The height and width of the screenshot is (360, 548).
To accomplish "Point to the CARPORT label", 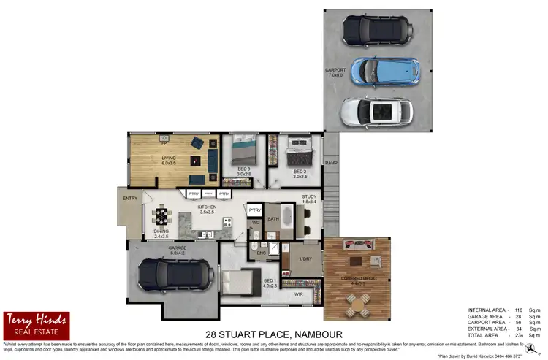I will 335,72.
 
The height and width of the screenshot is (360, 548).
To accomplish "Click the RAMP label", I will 331,163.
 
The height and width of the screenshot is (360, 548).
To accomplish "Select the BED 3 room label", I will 243,172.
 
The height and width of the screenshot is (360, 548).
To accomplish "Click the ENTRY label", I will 131,198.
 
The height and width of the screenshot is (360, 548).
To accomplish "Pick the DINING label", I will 161,232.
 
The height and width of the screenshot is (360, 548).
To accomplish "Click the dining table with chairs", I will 161,215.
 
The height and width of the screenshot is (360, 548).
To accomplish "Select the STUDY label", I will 310,197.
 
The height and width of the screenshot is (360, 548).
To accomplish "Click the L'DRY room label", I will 306,258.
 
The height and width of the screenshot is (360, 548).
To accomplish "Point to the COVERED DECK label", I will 358,279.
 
